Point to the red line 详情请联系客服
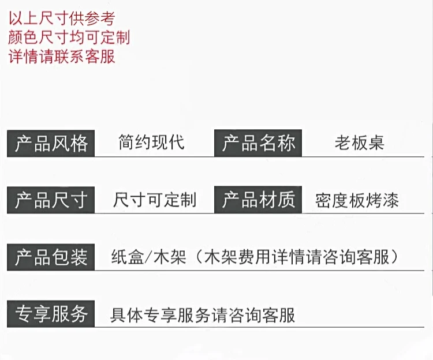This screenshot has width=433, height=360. (x=62, y=57)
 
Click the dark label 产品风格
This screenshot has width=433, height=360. (x=51, y=143)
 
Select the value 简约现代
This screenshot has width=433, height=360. (x=151, y=142)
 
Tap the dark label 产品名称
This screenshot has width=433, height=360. (x=259, y=143)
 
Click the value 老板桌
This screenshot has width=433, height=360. (x=359, y=142)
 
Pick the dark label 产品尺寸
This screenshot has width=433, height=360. (x=51, y=200)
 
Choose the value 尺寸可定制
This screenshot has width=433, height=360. (x=155, y=200)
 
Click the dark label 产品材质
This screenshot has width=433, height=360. (x=259, y=200)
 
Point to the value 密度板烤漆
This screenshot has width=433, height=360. (x=357, y=200)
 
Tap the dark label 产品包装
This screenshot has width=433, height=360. (x=51, y=257)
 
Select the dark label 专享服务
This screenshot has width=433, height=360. (x=51, y=314)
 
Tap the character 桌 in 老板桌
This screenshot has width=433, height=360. (x=376, y=142)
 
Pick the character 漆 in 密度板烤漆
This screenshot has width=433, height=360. (x=390, y=200)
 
